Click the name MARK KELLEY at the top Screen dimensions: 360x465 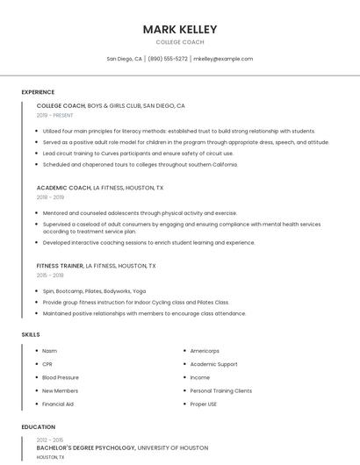[x=179, y=30]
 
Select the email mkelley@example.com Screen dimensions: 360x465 [x=223, y=59]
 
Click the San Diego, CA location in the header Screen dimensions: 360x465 [x=124, y=59]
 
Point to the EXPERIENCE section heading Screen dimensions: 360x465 [x=38, y=92]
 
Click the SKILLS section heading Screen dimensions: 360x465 [x=31, y=334]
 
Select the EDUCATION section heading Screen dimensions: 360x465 [x=39, y=427]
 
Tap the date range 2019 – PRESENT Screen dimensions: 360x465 [x=55, y=115]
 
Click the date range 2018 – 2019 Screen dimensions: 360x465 [x=50, y=197]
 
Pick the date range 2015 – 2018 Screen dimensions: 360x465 [x=50, y=275]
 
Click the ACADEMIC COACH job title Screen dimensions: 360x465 [x=63, y=188]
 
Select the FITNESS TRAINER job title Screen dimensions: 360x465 [x=60, y=266]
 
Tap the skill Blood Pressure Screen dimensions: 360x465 [x=61, y=377]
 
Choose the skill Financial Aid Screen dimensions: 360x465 [x=58, y=404]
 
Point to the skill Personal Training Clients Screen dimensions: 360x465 [x=220, y=391]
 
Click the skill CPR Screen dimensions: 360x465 [x=47, y=364]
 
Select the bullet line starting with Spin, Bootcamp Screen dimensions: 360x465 [x=94, y=291]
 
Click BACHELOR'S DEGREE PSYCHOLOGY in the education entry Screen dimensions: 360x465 [x=86, y=448]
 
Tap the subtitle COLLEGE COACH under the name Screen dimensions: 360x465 [x=179, y=42]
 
